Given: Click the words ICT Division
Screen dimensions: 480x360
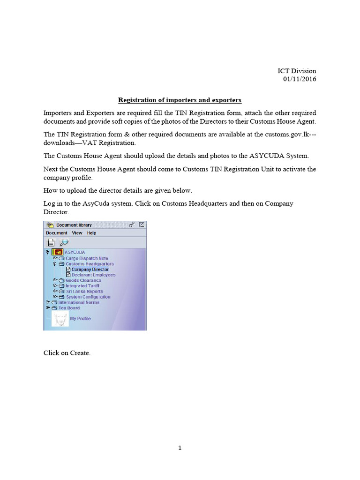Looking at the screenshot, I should click(x=297, y=71).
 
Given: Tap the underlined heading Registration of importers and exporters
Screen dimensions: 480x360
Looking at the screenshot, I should click(x=180, y=100).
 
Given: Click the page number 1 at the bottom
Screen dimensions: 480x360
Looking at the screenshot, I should click(x=180, y=448).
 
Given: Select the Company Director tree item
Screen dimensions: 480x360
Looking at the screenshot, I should click(x=90, y=270).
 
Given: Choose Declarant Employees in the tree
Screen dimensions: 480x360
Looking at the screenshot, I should click(x=93, y=275).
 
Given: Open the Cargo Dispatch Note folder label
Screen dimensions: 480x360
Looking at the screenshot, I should click(x=87, y=258).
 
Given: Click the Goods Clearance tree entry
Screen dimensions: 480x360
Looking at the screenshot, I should click(x=83, y=280).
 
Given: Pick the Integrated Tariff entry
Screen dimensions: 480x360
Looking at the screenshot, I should click(x=83, y=286).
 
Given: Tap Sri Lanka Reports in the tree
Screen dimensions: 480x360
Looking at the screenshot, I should click(x=84, y=291).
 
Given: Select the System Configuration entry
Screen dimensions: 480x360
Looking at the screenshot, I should click(x=88, y=297).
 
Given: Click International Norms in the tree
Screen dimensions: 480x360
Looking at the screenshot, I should click(x=79, y=302).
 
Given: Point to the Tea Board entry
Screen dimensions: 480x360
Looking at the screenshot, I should click(x=69, y=308).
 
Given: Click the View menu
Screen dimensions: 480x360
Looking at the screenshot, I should click(x=77, y=233).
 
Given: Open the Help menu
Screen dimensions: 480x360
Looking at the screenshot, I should click(x=92, y=233).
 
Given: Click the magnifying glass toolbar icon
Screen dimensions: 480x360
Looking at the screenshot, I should click(x=64, y=242).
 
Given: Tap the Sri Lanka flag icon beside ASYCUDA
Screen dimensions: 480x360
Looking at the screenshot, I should click(x=57, y=252).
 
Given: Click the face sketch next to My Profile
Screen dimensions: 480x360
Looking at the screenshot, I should click(x=60, y=319).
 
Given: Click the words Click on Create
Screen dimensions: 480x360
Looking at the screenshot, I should click(x=67, y=353).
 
